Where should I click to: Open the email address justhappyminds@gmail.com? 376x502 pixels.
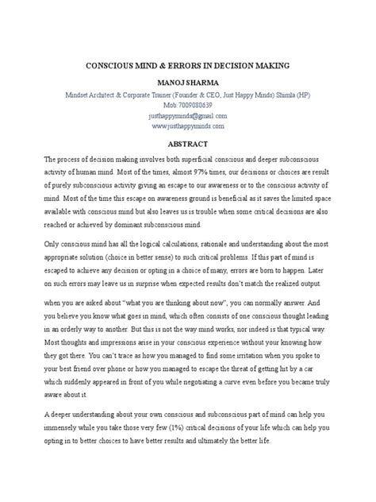[187, 114]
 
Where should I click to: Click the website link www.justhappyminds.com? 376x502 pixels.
[187, 125]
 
